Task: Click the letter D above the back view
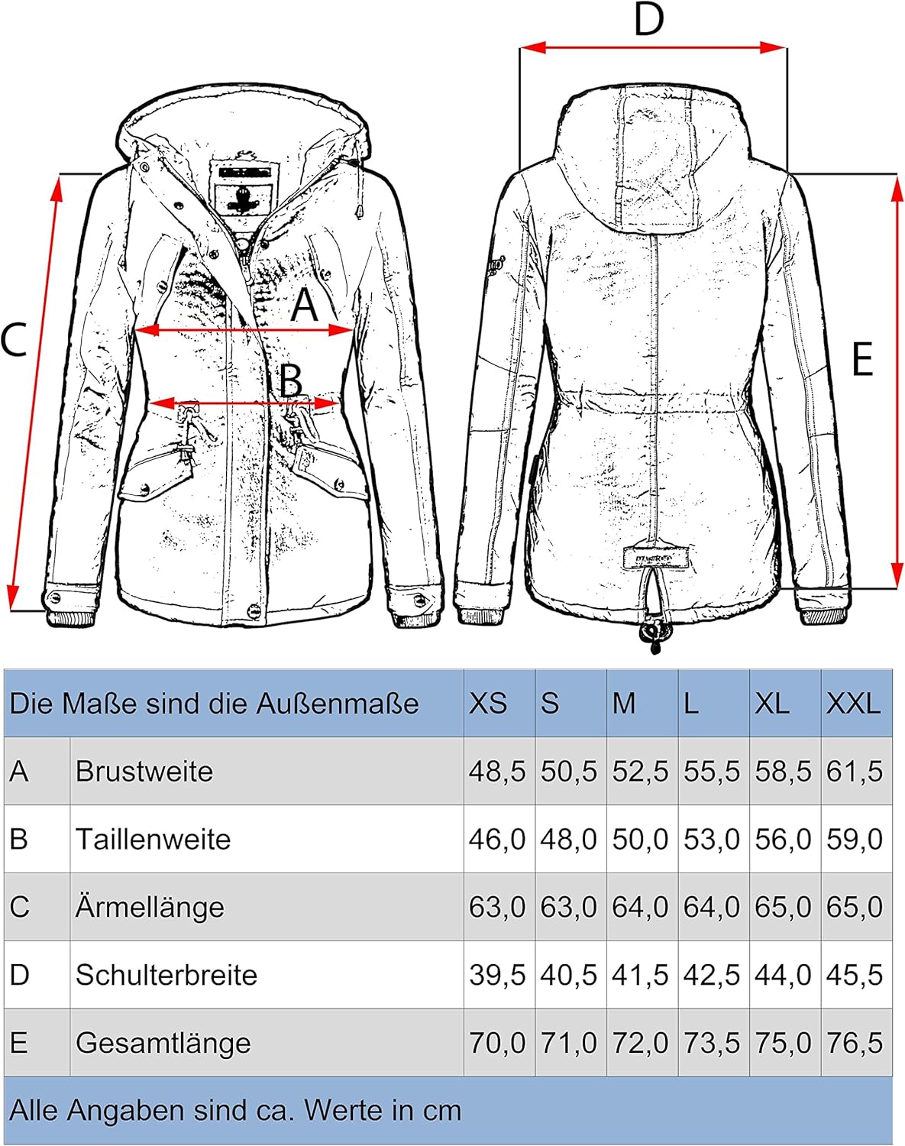click(649, 20)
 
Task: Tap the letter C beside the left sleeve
click(14, 339)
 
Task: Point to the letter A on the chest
click(305, 305)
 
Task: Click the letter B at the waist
click(291, 380)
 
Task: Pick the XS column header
click(488, 703)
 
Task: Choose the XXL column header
click(853, 703)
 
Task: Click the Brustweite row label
click(144, 771)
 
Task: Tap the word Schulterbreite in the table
click(166, 975)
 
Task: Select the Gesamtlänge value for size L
click(712, 1042)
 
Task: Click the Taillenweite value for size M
click(640, 840)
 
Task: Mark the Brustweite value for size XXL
click(855, 771)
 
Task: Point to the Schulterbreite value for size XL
click(783, 975)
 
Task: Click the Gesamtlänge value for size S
click(568, 1042)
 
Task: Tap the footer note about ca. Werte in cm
click(235, 1110)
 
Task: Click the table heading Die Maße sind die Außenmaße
click(214, 703)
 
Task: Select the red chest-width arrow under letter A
click(244, 330)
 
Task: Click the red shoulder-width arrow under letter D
click(653, 48)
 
